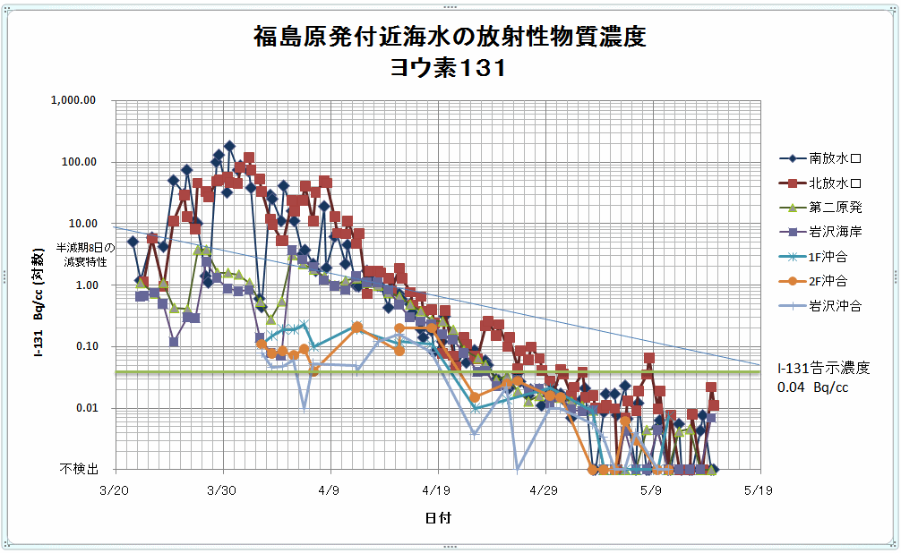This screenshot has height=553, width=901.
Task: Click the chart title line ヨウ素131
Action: (x=449, y=68)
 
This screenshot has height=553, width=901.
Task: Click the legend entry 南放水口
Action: (x=835, y=159)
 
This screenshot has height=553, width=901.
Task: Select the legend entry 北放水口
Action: (x=835, y=183)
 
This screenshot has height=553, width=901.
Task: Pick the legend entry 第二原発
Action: (x=835, y=208)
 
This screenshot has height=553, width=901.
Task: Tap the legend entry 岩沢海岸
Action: (x=835, y=233)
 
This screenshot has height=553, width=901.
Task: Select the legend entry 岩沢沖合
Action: (x=835, y=306)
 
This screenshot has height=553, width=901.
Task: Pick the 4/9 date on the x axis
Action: (x=330, y=490)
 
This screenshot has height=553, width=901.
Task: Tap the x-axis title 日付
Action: (x=438, y=518)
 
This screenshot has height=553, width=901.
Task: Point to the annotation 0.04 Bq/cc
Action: (x=812, y=388)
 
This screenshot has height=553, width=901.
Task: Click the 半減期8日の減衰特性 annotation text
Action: (x=86, y=254)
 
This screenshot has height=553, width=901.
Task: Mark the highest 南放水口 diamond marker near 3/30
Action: (x=229, y=146)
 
